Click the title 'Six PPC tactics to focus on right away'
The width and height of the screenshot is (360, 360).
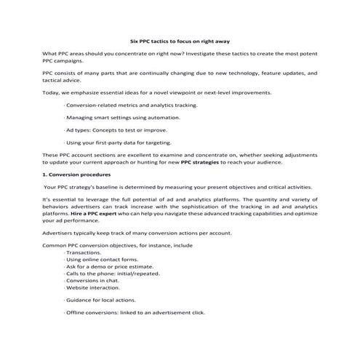coord(179,41)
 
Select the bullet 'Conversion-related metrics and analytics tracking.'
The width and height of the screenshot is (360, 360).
coord(131,105)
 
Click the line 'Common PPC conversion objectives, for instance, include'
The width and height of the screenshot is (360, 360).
coord(118,246)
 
